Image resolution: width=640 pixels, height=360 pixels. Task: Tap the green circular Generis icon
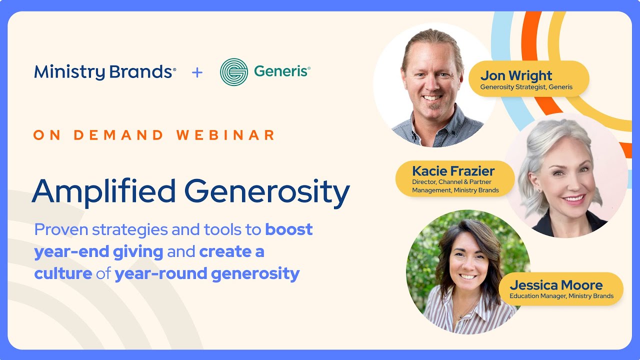coord(233,72)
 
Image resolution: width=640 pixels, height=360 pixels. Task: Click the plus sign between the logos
coord(197,72)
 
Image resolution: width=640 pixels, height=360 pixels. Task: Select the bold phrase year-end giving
coord(98,251)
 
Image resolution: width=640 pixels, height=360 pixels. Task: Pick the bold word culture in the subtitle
coord(63,273)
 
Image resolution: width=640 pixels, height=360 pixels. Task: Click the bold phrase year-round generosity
coord(207,273)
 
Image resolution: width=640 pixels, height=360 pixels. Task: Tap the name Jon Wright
coord(516,76)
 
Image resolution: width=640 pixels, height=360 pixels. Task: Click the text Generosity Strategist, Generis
coord(526,87)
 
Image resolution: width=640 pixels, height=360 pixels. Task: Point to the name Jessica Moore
coord(556,285)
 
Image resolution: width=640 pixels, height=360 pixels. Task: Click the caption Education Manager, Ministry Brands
coord(561,296)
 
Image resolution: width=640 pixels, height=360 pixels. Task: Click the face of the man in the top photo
coord(431,80)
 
